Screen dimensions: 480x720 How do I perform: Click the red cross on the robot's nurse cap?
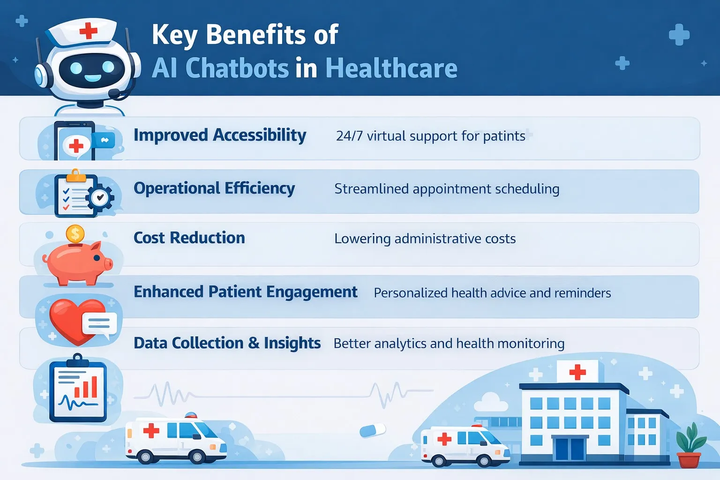click(x=88, y=31)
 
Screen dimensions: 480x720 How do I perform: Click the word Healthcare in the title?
click(x=391, y=68)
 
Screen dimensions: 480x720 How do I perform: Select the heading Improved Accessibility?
click(x=219, y=135)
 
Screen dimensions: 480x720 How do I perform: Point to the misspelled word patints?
click(x=504, y=136)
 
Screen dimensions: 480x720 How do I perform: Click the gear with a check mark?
click(x=100, y=198)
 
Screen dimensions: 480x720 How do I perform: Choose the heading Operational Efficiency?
click(x=214, y=188)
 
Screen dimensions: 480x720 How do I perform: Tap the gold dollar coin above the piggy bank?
click(x=75, y=233)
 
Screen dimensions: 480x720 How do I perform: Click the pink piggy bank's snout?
click(x=108, y=264)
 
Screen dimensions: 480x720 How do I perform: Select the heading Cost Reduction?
click(x=189, y=238)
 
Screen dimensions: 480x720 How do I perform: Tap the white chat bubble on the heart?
click(x=99, y=324)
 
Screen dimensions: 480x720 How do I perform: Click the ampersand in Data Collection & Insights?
click(x=254, y=343)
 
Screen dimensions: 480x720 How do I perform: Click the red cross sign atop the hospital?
click(x=577, y=372)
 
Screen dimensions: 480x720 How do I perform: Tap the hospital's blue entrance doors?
click(x=570, y=449)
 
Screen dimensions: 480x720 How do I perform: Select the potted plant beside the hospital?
click(x=690, y=445)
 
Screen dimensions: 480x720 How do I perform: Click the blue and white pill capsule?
click(x=373, y=430)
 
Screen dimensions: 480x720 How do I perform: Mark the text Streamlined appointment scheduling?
click(x=446, y=189)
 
